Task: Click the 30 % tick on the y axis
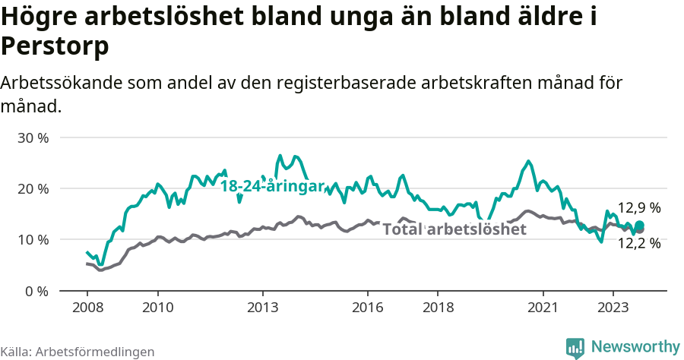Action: click(x=33, y=138)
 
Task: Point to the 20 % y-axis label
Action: click(x=33, y=189)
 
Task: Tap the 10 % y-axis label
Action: click(x=33, y=240)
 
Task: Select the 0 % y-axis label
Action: click(x=36, y=291)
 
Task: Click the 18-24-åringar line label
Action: click(x=272, y=186)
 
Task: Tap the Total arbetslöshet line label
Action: click(x=454, y=229)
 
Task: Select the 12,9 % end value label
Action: click(x=638, y=207)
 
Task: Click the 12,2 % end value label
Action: click(x=638, y=244)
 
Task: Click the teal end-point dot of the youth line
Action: click(x=640, y=225)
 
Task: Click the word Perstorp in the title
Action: click(x=55, y=46)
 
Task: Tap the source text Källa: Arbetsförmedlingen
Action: click(x=78, y=352)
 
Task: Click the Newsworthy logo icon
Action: click(x=576, y=347)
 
